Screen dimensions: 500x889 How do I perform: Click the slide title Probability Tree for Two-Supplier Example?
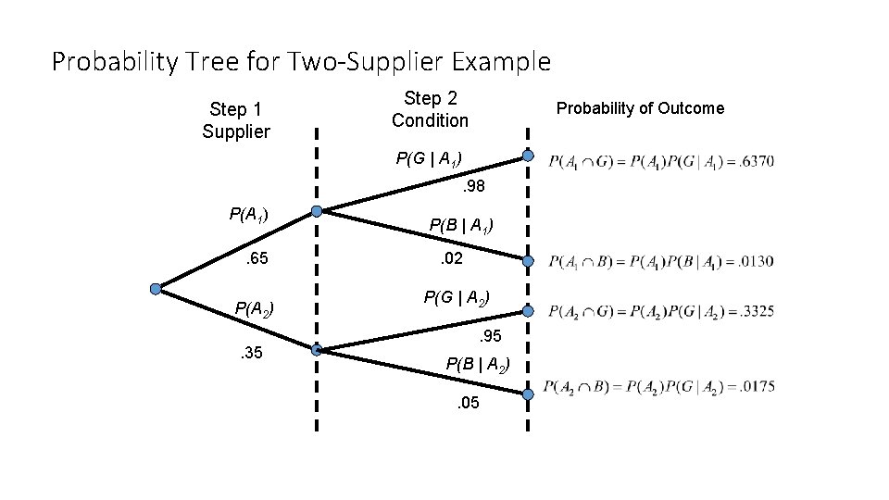point(301,62)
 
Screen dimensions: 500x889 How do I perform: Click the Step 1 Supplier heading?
point(236,120)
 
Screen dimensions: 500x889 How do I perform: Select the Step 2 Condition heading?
point(430,109)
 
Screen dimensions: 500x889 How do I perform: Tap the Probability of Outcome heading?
point(640,108)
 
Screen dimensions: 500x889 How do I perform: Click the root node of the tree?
point(157,289)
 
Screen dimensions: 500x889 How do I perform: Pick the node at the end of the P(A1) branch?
point(317,212)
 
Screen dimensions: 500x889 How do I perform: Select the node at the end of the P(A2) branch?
point(317,351)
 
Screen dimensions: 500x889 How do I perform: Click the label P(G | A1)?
point(429,159)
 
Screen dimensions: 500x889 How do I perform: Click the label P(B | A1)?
point(460,226)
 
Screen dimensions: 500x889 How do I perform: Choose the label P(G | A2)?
point(457,298)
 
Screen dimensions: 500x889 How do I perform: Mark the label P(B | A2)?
point(478,364)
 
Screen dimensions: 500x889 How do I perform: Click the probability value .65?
point(256,261)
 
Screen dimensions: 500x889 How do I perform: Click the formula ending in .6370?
point(661,162)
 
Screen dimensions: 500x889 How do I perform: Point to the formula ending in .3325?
point(661,311)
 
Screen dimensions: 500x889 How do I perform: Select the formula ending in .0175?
point(659,387)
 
